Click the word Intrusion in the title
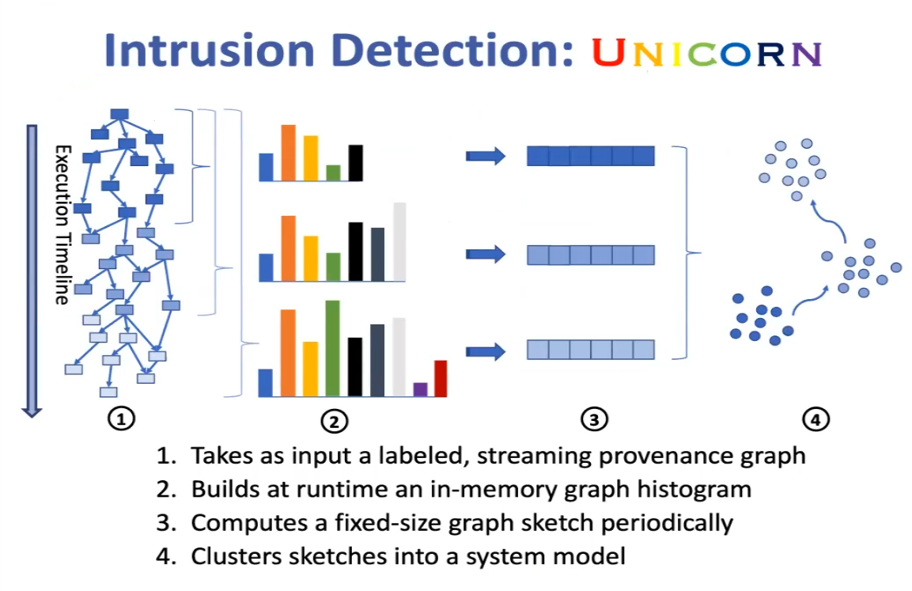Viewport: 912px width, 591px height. [210, 51]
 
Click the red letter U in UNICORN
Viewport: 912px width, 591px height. [608, 53]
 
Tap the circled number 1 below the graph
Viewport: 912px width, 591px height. [121, 419]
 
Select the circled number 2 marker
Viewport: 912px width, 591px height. [335, 422]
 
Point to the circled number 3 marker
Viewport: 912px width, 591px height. [594, 419]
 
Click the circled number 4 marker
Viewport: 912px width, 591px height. [816, 419]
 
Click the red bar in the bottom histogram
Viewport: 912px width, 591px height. [441, 379]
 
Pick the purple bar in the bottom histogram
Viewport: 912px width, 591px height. [420, 390]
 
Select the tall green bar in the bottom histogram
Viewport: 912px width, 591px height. [332, 348]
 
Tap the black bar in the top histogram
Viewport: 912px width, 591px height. [355, 163]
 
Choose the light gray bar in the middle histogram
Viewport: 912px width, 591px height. [399, 242]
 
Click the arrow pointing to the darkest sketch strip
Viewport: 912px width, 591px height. [486, 156]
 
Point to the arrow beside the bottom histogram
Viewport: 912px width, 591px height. [486, 351]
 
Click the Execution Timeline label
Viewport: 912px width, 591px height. [62, 225]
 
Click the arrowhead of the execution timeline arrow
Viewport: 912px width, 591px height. [32, 412]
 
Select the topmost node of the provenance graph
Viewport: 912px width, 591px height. [119, 114]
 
